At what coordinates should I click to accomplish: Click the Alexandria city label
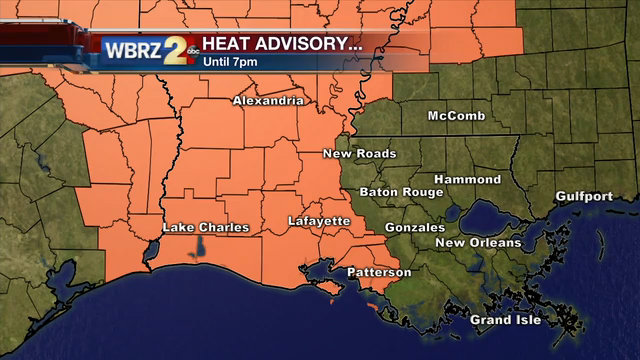[x=268, y=101]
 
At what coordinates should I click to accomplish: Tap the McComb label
[x=456, y=116]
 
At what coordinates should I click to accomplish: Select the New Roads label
[x=359, y=154]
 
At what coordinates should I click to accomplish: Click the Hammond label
[x=467, y=179]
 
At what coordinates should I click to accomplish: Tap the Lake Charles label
[x=205, y=228]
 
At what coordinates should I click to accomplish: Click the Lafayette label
[x=319, y=220]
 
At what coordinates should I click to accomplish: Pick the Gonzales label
[x=414, y=227]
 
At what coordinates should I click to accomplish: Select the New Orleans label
[x=478, y=243]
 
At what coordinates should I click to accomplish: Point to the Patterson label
[x=379, y=272]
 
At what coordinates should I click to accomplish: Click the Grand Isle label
[x=505, y=320]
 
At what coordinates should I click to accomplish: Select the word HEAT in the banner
[x=228, y=44]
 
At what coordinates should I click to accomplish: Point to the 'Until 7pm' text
[x=229, y=61]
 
